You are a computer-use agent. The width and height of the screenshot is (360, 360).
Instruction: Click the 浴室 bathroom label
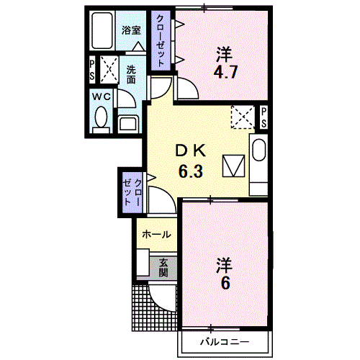(x=131, y=30)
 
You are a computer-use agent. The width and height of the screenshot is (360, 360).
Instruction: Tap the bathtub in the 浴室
(x=102, y=30)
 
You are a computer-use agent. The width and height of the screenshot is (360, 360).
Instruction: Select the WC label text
(x=102, y=97)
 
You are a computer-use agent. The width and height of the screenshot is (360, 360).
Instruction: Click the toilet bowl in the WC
(x=101, y=117)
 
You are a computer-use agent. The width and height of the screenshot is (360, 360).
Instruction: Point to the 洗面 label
(x=131, y=74)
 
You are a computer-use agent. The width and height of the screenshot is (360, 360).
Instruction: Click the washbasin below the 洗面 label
(x=128, y=124)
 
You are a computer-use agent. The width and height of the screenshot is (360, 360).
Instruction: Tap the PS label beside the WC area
(x=92, y=70)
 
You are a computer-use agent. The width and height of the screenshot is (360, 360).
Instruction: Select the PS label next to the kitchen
(x=264, y=117)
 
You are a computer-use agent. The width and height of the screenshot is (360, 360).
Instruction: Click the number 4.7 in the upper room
(x=225, y=72)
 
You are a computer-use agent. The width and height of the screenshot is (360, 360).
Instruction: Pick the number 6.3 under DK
(x=191, y=171)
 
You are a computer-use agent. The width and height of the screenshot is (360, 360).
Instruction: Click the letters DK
(x=191, y=151)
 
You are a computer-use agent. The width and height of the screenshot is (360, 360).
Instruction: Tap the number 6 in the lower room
(x=225, y=283)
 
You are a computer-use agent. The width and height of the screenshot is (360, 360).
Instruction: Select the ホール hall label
(x=156, y=234)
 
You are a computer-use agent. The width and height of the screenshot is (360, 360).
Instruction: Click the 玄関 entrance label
(x=163, y=268)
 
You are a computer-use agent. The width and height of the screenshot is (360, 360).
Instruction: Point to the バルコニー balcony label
(x=225, y=342)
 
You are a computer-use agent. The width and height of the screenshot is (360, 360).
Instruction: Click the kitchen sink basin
(x=259, y=150)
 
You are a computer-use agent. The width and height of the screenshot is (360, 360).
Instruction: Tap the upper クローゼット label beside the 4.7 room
(x=161, y=40)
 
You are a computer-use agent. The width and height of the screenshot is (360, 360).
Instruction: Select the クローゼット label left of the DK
(x=132, y=192)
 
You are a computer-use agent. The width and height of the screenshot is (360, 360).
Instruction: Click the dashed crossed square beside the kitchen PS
(x=243, y=117)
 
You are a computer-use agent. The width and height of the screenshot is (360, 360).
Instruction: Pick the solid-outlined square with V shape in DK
(x=233, y=166)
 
